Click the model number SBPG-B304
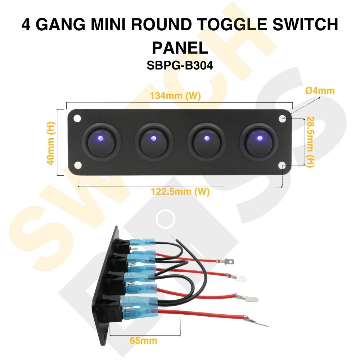pos(180,66)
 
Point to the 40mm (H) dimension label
pos(51,143)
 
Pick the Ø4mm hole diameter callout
pos(320,90)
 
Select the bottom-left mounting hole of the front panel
pos(78,165)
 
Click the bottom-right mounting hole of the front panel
pos(283,165)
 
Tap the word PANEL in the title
pos(180,47)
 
